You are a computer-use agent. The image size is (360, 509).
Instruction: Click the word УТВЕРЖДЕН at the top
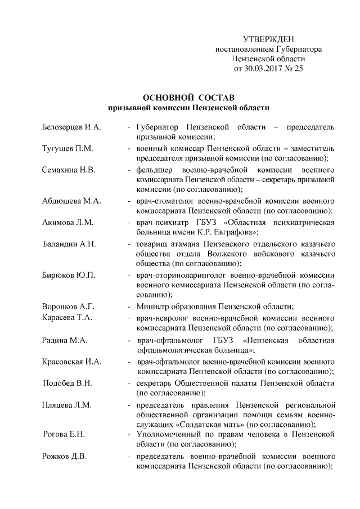(268, 39)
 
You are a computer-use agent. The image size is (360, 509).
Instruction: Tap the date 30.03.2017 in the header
(261, 69)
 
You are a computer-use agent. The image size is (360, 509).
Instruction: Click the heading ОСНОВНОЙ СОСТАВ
(188, 97)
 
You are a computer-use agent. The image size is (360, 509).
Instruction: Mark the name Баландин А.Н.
(70, 244)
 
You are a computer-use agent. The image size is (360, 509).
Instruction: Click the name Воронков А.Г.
(68, 307)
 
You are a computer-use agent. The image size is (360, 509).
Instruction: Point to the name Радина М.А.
(64, 340)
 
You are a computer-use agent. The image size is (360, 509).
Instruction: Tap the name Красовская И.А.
(72, 362)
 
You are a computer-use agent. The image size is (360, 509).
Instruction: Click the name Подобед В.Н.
(68, 383)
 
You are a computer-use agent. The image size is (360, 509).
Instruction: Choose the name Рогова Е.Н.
(64, 435)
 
